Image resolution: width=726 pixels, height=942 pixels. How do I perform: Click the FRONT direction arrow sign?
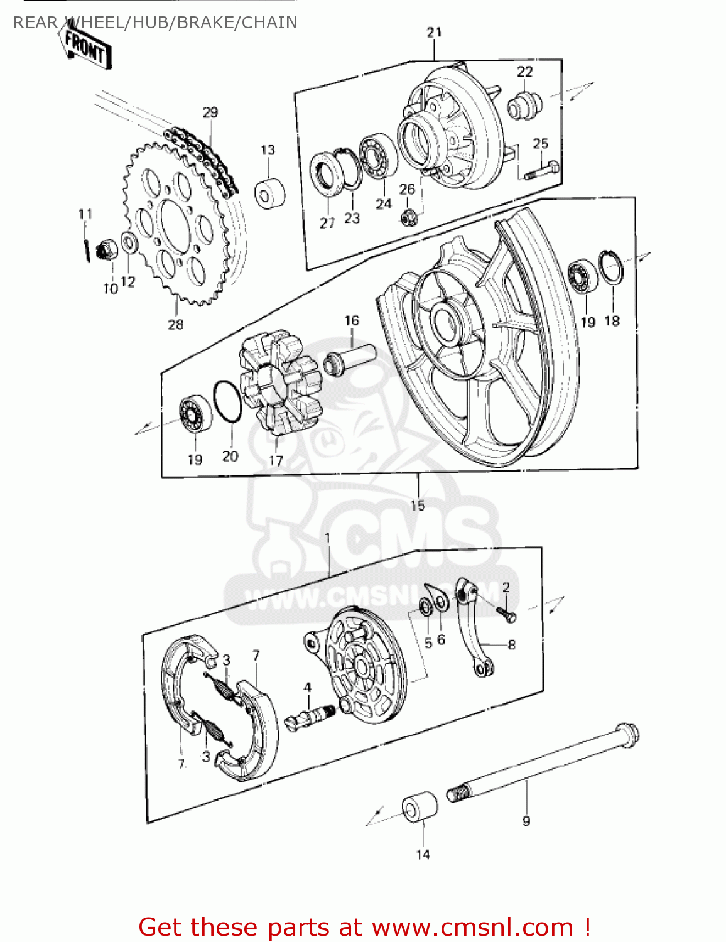pos(87,47)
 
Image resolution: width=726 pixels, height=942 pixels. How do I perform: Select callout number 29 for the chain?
pos(210,112)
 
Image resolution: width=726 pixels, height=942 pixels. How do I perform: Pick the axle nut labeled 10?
pos(107,251)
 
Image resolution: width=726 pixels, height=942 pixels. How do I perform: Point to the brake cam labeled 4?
pos(310,716)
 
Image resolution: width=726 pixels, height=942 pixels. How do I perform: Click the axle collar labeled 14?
pos(420,806)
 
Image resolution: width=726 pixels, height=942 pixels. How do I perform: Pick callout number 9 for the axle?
pos(526,820)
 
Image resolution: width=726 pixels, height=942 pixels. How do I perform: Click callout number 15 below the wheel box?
pos(418,505)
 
